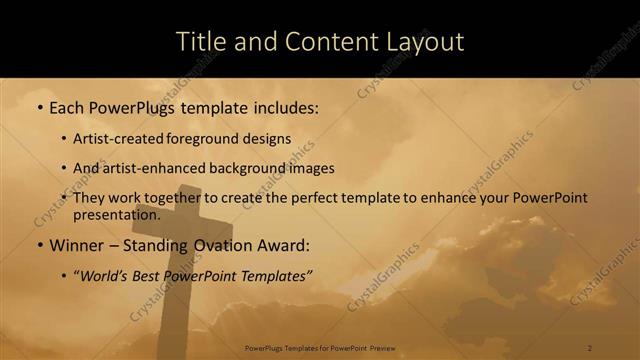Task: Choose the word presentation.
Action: (x=115, y=214)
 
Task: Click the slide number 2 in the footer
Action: (x=590, y=348)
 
